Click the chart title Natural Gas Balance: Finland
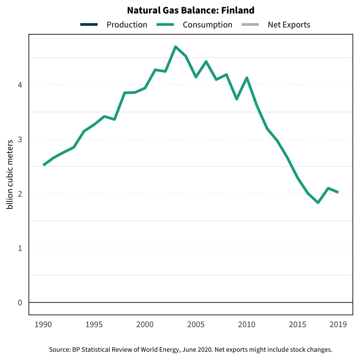click(191, 10)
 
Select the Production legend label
click(127, 25)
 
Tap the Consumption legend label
click(207, 25)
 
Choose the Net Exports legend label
click(289, 25)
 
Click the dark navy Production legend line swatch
click(89, 25)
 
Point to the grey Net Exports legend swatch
click(250, 25)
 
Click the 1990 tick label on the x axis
click(43, 325)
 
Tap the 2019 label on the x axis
click(338, 325)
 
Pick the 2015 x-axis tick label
click(298, 325)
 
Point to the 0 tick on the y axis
click(20, 303)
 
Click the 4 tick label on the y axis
click(20, 85)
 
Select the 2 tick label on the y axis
click(20, 194)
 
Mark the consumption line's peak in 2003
click(175, 47)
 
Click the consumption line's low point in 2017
click(318, 203)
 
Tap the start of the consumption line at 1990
click(43, 165)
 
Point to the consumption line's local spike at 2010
click(247, 78)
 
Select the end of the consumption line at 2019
click(338, 192)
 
